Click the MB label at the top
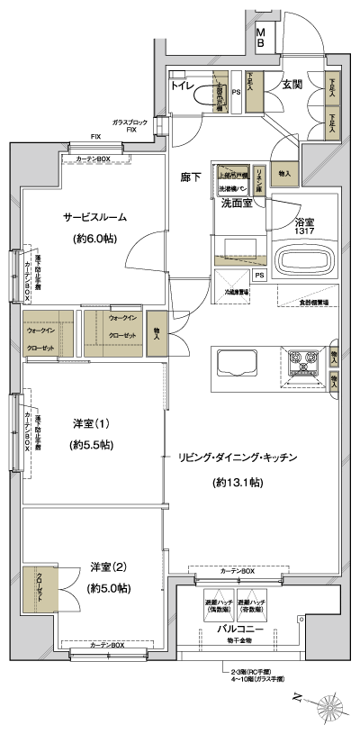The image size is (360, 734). [261, 37]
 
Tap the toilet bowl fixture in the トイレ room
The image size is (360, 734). [215, 95]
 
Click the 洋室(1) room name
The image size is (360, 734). [94, 423]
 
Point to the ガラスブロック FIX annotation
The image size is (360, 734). [130, 124]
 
